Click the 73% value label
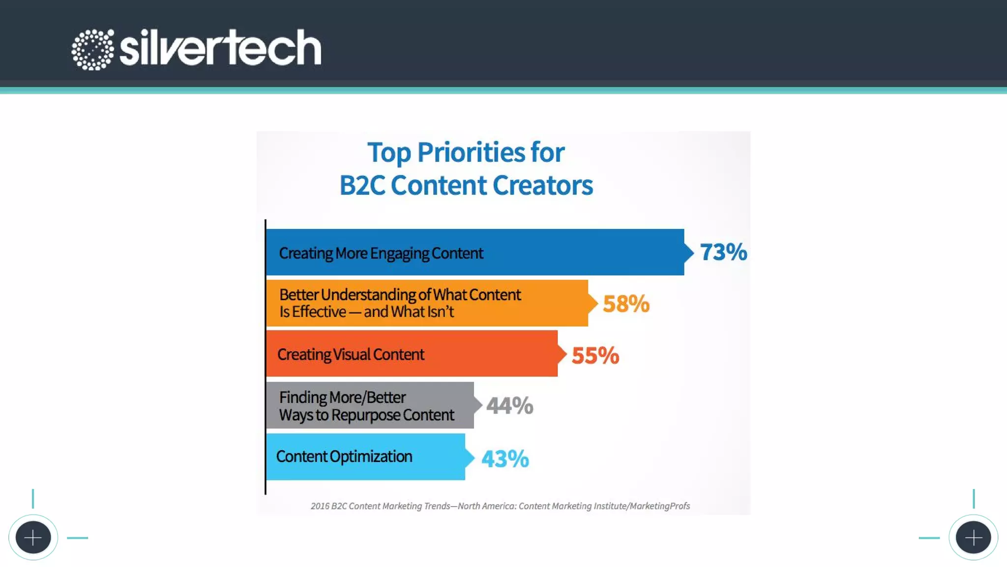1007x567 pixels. (x=723, y=252)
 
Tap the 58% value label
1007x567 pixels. (x=626, y=304)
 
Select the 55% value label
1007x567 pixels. (x=595, y=355)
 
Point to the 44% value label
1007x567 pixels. (x=509, y=406)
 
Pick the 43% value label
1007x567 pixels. (x=505, y=459)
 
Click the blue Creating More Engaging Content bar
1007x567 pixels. (x=580, y=252)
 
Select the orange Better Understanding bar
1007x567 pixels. (x=551, y=303)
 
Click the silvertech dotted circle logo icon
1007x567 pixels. (x=92, y=49)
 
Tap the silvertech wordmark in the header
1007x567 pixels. (x=220, y=48)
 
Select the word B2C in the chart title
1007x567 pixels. (x=362, y=186)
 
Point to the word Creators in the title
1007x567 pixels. (x=543, y=186)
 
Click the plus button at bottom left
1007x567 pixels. (x=33, y=537)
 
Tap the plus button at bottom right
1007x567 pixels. (x=973, y=537)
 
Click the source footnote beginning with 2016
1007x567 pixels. (x=500, y=506)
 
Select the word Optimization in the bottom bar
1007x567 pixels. (x=371, y=457)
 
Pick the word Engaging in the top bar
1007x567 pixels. (x=400, y=253)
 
